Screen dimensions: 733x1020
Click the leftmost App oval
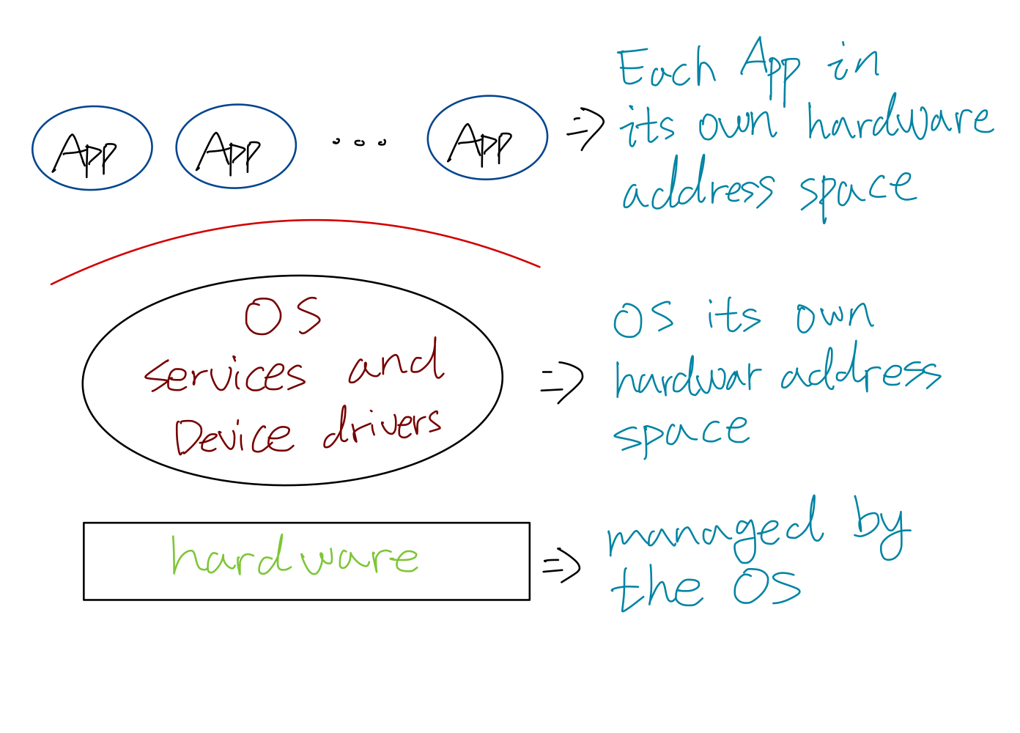pos(92,148)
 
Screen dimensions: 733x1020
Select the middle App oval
pos(236,147)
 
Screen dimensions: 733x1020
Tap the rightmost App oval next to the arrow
pos(487,138)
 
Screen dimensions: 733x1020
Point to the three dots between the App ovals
pos(359,141)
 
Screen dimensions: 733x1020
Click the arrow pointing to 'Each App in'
pos(585,129)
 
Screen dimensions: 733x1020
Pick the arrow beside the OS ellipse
pos(562,382)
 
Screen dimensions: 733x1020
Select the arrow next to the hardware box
pos(561,566)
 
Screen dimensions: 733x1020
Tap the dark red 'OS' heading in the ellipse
pos(283,317)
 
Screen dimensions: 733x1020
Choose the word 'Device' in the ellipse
pos(234,436)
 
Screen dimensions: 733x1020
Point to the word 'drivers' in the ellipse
pos(382,427)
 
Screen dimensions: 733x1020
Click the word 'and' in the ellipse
pos(396,361)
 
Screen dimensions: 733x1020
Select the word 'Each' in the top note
pos(665,68)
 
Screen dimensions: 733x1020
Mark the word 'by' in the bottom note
pos(882,527)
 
